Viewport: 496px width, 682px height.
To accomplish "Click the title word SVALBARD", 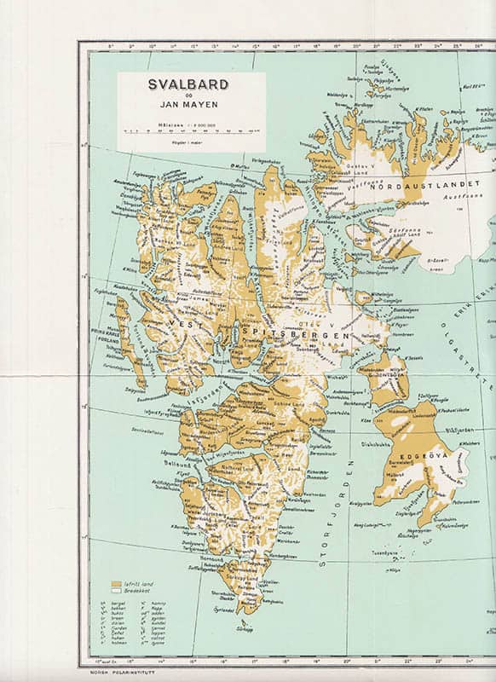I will (x=189, y=85).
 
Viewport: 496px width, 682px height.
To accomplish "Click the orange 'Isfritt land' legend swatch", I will (x=116, y=585).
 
